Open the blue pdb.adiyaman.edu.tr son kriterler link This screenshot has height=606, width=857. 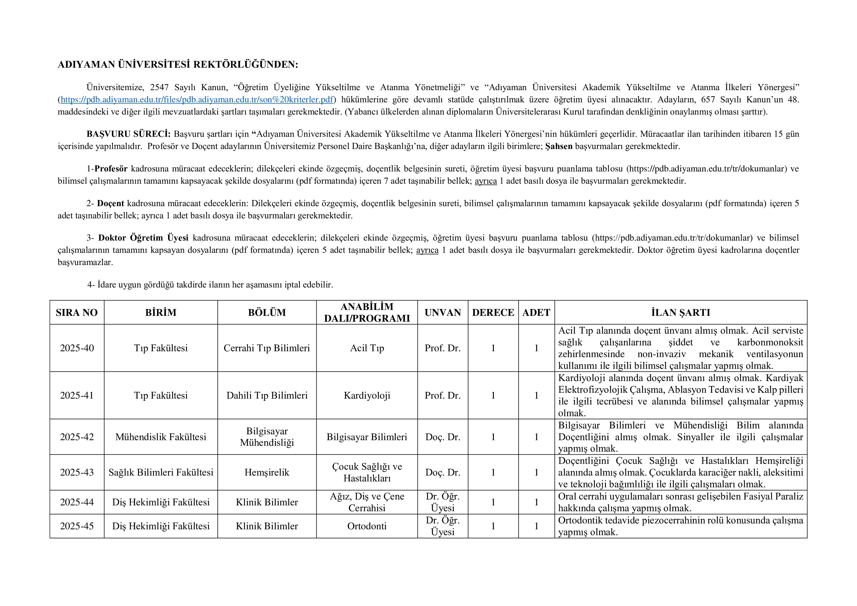(x=197, y=100)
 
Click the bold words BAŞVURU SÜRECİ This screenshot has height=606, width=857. (x=129, y=134)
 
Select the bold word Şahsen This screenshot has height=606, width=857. (x=559, y=146)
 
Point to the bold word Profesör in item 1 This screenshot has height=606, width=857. (x=111, y=169)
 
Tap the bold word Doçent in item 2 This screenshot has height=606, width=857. (x=110, y=203)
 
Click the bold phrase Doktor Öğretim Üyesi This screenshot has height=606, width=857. (x=143, y=238)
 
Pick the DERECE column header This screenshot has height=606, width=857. (x=493, y=312)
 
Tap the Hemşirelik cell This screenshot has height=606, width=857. (x=267, y=472)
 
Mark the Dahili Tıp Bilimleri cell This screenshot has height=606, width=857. (x=267, y=395)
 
